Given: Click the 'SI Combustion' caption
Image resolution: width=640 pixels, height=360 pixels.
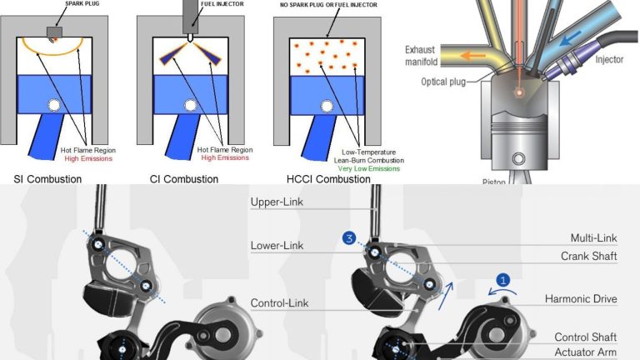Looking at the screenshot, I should (47, 179).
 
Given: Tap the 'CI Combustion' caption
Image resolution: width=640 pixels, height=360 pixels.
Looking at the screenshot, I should (183, 179).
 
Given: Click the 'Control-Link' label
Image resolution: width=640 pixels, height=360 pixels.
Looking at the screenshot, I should (279, 303).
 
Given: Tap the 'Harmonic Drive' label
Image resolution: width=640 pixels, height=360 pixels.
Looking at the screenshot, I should (581, 298).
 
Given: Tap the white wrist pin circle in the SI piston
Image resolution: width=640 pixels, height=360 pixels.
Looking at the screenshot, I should (55, 105).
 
